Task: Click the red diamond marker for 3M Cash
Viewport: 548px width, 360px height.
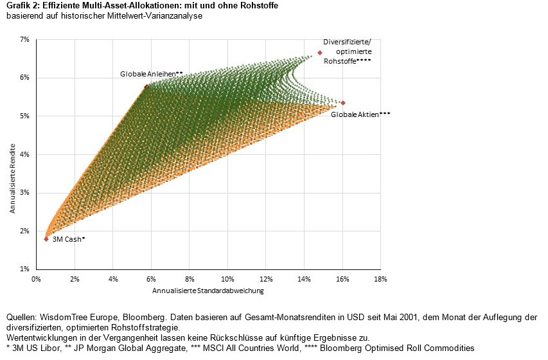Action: tap(46, 239)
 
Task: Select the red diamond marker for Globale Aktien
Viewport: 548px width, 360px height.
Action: tap(343, 103)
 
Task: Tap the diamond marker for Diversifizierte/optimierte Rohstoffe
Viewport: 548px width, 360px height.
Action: tap(320, 53)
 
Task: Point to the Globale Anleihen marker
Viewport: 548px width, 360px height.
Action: tap(146, 86)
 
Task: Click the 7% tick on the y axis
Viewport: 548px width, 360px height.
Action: tap(25, 40)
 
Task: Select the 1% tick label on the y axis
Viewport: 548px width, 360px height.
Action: tap(25, 269)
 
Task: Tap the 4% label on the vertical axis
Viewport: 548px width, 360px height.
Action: tap(25, 154)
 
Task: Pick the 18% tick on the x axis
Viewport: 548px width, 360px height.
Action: tap(380, 279)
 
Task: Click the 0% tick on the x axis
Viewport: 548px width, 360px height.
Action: tap(37, 279)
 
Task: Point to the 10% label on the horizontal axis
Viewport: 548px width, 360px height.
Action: tap(227, 279)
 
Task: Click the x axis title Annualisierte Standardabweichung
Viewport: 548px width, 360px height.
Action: tap(208, 291)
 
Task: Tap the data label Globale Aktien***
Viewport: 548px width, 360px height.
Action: tap(360, 114)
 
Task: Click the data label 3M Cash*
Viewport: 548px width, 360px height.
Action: tap(69, 239)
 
